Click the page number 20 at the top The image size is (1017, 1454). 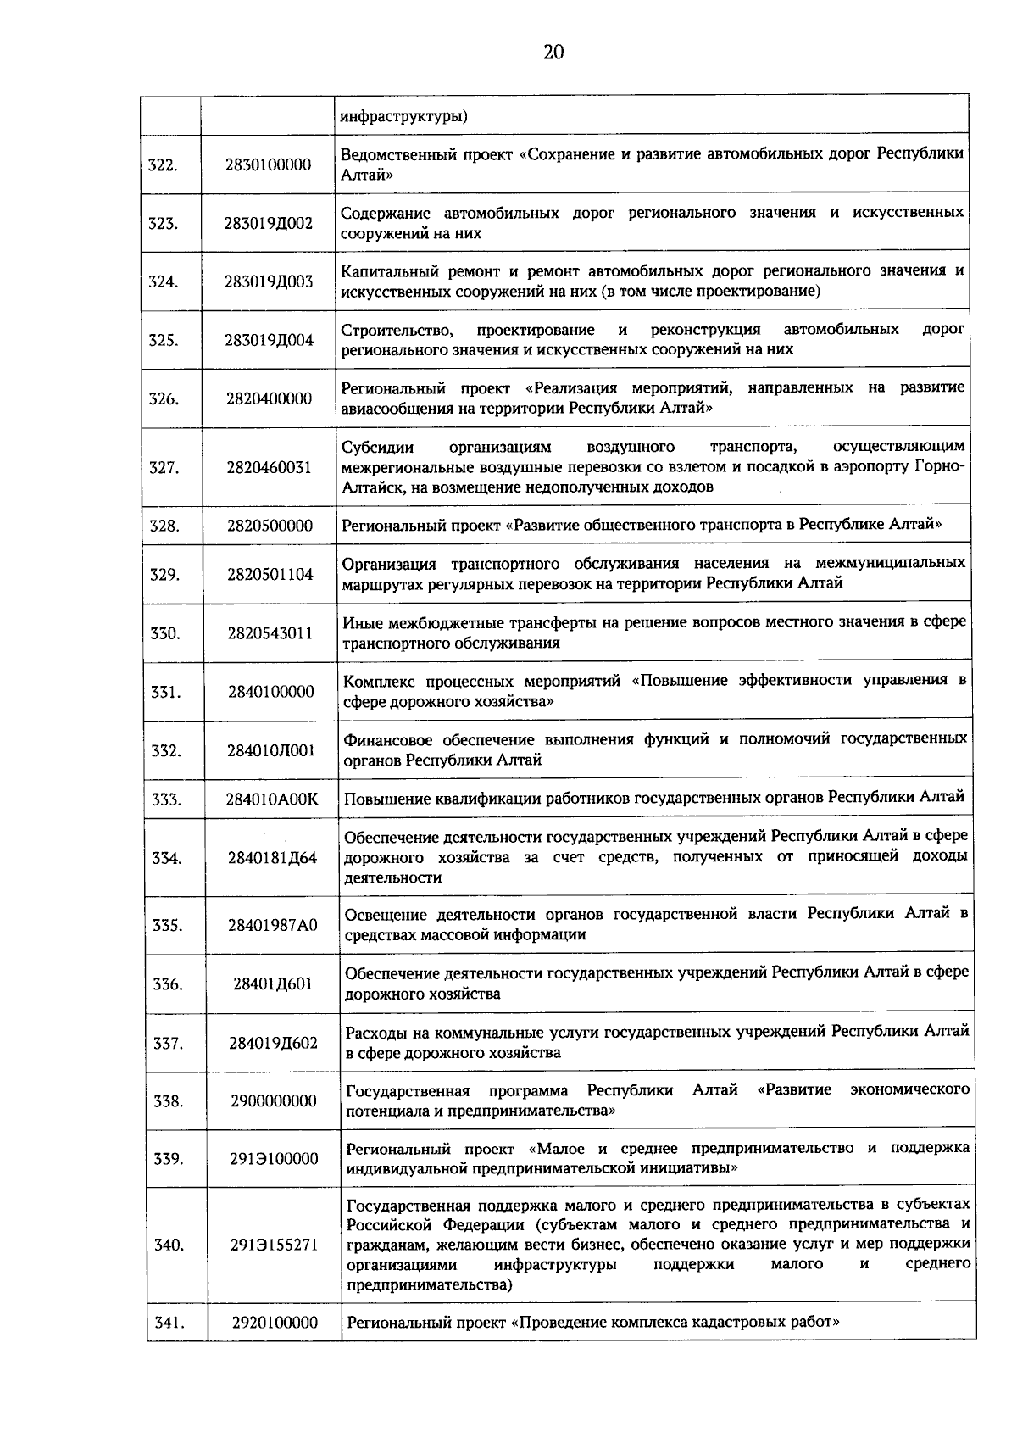pyautogui.click(x=553, y=53)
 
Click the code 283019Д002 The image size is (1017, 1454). pyautogui.click(x=269, y=224)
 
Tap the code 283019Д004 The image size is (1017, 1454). pyautogui.click(x=269, y=341)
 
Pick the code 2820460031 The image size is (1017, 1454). pyautogui.click(x=269, y=467)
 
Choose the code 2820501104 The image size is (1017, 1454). pyautogui.click(x=270, y=575)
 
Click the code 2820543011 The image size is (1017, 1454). pyautogui.click(x=270, y=633)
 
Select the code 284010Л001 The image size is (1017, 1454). pyautogui.click(x=270, y=750)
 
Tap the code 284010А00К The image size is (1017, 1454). pyautogui.click(x=271, y=799)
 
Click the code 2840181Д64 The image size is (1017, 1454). pyautogui.click(x=271, y=858)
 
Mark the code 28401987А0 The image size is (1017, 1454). pyautogui.click(x=272, y=925)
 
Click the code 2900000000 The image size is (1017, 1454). pyautogui.click(x=273, y=1101)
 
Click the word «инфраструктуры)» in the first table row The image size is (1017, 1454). pyautogui.click(x=403, y=116)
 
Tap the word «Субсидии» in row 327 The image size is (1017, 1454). pyautogui.click(x=370, y=447)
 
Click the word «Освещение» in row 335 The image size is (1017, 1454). pyautogui.click(x=381, y=915)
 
